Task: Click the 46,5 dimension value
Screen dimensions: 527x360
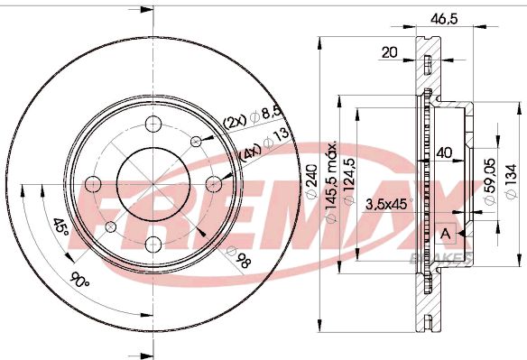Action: [x=444, y=19]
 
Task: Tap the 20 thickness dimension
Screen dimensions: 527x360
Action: [x=390, y=52]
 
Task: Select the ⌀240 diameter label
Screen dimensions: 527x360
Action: [x=312, y=181]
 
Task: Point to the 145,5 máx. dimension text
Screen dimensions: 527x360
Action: [x=332, y=182]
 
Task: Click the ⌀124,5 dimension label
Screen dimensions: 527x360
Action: [x=350, y=181]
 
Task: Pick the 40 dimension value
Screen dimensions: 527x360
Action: [x=444, y=153]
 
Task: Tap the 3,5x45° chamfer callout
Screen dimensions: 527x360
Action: [x=390, y=204]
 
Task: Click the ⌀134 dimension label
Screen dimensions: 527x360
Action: [x=511, y=181]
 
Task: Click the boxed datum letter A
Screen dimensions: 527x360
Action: [x=446, y=234]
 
